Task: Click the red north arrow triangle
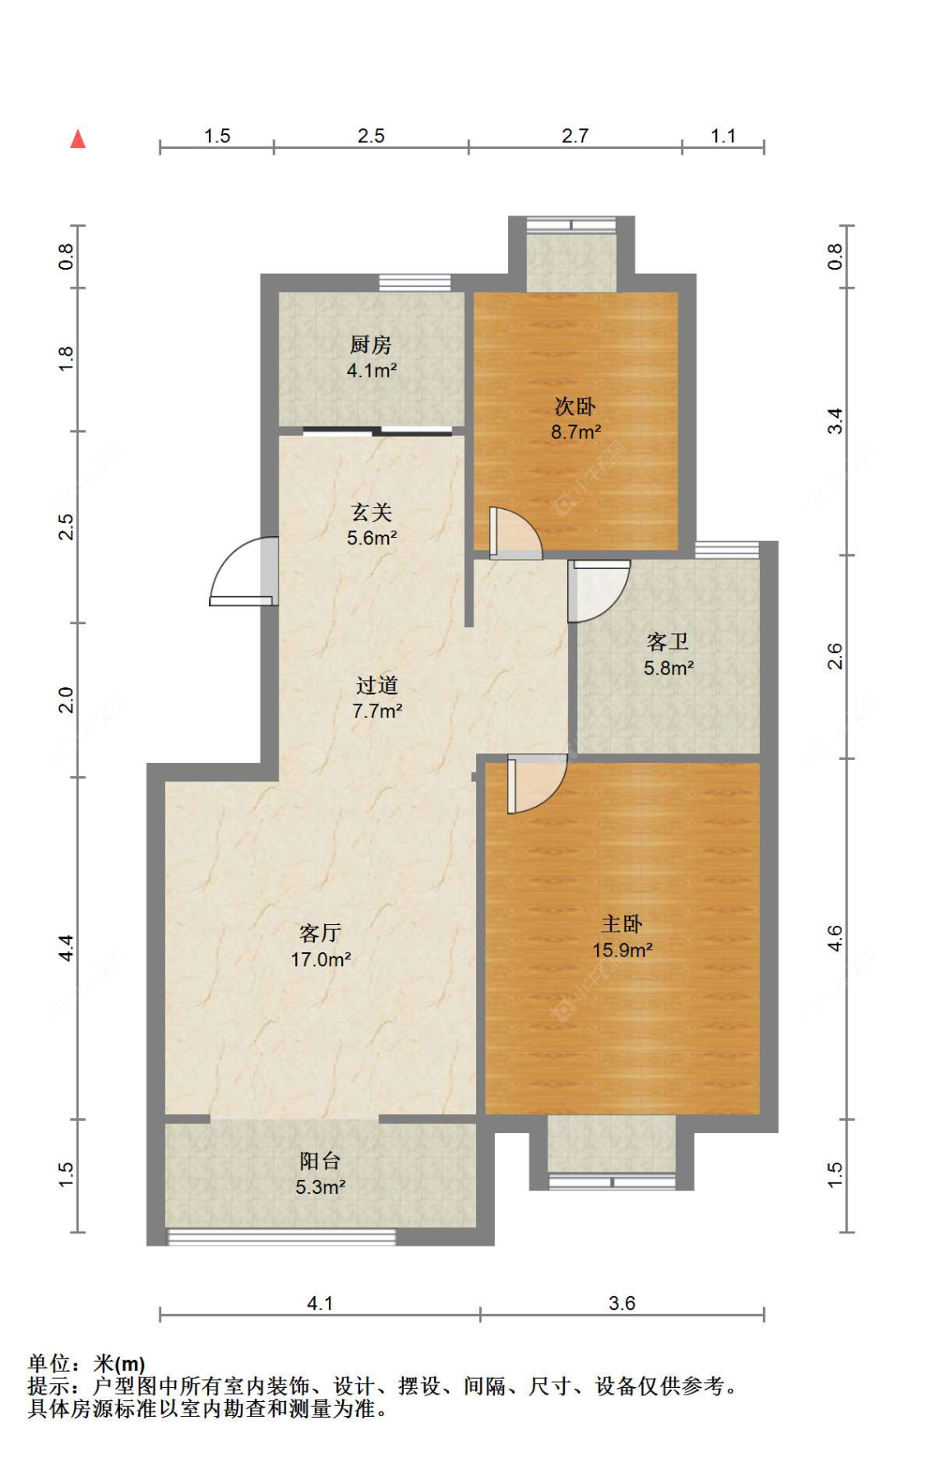(x=78, y=139)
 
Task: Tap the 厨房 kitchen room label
(x=371, y=345)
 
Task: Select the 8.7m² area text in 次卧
(x=576, y=432)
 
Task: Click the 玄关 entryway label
(x=372, y=512)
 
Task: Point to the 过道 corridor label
(x=377, y=685)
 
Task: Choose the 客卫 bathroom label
(x=668, y=641)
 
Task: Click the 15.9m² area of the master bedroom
(x=622, y=950)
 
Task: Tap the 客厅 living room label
(x=321, y=933)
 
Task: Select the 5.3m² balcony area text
(x=321, y=1187)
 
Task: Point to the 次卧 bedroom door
(x=516, y=534)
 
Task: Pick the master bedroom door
(x=537, y=784)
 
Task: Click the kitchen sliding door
(x=377, y=430)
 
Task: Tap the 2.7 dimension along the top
(x=575, y=136)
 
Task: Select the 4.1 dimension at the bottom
(x=320, y=1303)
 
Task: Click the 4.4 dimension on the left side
(x=66, y=948)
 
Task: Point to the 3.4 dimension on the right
(x=835, y=422)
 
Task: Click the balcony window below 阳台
(x=281, y=1236)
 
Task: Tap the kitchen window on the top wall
(x=414, y=282)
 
